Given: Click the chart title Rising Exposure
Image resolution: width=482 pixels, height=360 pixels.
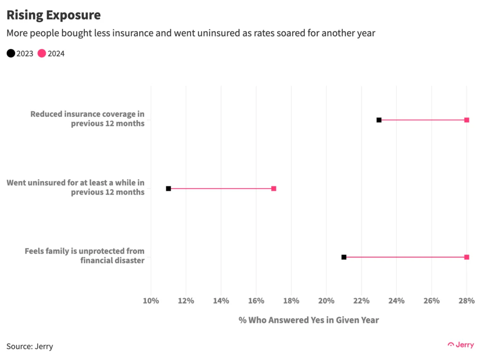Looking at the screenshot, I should pos(53,15).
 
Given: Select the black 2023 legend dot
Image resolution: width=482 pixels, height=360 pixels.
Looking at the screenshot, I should pos(10,53).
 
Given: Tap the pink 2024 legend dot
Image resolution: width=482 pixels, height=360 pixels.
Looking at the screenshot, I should pos(42,53).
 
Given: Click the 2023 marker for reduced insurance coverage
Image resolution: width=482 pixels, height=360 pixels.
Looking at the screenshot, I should pos(379,120).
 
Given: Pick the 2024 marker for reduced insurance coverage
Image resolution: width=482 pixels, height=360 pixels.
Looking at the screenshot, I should pos(466,120).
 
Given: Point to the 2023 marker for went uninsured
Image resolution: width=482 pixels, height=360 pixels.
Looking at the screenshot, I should pos(169,188).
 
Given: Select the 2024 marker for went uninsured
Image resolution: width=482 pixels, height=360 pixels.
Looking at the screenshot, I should pos(273,188).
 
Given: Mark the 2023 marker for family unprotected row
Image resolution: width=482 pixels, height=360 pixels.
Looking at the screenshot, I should pos(344,257).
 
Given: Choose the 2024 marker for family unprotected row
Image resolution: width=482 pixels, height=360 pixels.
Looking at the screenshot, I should pos(466,257).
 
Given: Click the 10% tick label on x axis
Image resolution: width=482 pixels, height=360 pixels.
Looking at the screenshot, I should pos(151,301).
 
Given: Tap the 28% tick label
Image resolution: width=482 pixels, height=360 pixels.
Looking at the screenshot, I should pos(466,301).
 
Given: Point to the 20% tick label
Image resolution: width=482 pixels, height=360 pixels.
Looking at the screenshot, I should pos(326,301).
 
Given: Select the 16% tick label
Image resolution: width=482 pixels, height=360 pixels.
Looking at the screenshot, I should pos(256,301).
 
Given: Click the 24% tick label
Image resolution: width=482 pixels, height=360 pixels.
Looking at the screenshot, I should pos(396,301).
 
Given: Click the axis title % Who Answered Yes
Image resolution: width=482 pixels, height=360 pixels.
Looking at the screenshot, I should pos(308,320).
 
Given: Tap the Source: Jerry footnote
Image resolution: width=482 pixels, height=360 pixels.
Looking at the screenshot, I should pos(30,346).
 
